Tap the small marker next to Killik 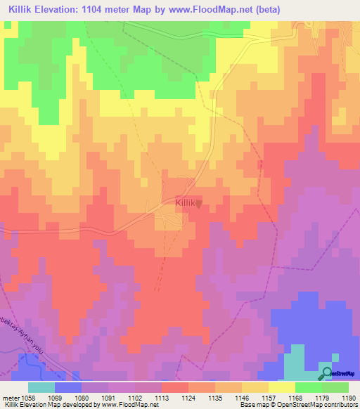(x=198, y=204)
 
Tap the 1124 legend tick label (x=188, y=397)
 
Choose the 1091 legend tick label (x=109, y=397)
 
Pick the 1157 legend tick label (x=268, y=397)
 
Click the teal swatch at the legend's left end (x=41, y=387)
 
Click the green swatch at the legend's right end (x=335, y=387)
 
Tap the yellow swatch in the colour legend (x=281, y=387)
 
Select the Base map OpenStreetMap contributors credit (x=299, y=405)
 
